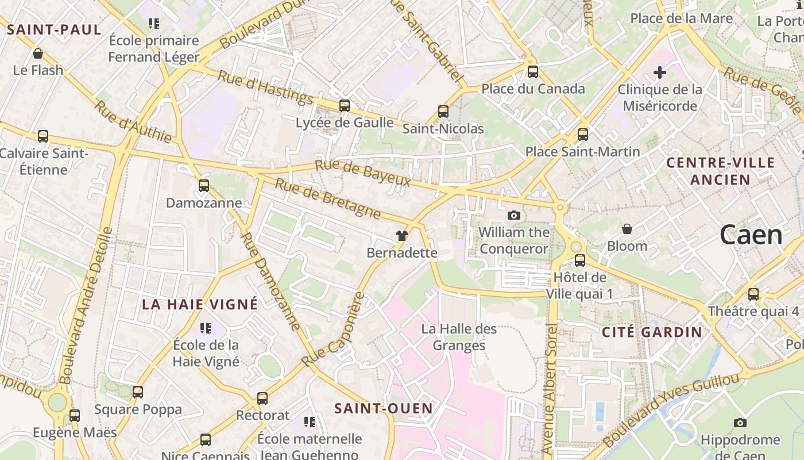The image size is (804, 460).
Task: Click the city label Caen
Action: pos(751,235)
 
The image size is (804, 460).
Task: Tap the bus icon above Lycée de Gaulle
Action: pos(345,106)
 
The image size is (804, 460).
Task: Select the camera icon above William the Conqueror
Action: pos(514,215)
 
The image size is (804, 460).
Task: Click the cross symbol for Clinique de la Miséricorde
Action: pos(660,72)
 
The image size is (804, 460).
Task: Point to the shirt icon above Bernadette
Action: pos(402,236)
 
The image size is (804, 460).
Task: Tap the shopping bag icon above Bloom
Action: pos(627,229)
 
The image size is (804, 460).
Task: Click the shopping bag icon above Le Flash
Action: pos(38,53)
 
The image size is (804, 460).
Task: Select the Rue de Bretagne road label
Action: pos(327,198)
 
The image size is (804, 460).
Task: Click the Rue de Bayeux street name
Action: pos(362,173)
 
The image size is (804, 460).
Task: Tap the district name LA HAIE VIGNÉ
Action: pos(200,305)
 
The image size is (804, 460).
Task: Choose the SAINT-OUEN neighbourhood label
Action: pos(384,408)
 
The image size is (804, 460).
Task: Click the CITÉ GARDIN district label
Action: pos(652,332)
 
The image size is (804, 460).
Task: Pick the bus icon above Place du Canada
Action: pos(533,72)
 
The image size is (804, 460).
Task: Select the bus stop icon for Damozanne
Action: pos(204,186)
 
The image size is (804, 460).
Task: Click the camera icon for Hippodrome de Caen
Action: pos(740,423)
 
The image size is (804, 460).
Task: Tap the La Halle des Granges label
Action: pos(459,337)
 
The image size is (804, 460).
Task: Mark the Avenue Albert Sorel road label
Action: pos(550,389)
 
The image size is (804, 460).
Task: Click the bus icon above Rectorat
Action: pos(262,398)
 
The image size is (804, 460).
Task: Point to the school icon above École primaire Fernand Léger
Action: pos(153,24)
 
